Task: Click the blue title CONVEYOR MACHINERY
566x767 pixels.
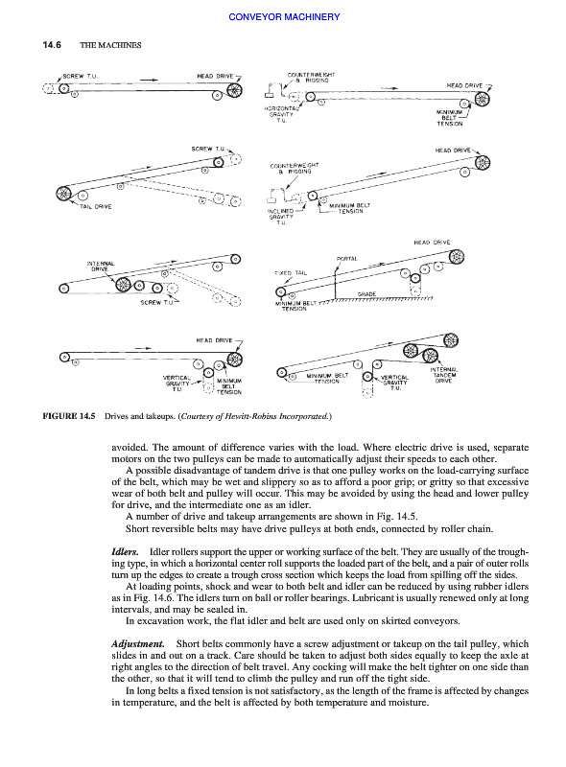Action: (x=284, y=17)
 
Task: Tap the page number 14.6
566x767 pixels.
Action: (x=52, y=45)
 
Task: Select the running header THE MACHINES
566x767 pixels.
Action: (x=110, y=45)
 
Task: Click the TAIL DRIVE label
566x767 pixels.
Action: (x=96, y=207)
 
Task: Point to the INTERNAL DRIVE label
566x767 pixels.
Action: (x=101, y=267)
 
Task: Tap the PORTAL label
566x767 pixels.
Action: (x=347, y=259)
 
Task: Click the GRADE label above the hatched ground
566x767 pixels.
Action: (x=366, y=294)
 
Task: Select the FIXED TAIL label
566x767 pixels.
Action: (x=291, y=273)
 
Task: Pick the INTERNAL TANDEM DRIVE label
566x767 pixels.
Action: (x=444, y=375)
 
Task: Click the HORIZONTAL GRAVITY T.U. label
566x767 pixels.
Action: (x=279, y=114)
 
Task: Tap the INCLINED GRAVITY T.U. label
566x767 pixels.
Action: (x=280, y=217)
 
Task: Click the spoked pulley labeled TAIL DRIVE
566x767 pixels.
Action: (x=63, y=194)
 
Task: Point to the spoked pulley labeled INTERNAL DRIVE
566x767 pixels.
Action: (x=123, y=284)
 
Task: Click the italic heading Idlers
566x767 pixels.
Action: (x=126, y=552)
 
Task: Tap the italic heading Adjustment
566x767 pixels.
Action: (x=138, y=644)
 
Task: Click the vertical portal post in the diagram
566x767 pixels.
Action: (x=335, y=283)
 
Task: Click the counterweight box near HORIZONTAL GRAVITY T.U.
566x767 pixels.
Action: (x=271, y=91)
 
